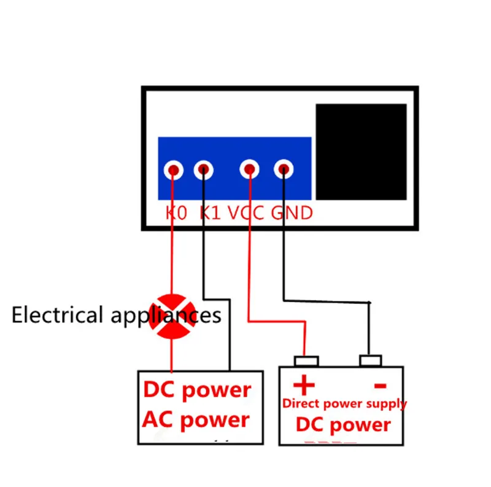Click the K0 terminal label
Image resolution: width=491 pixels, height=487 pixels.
pos(176,213)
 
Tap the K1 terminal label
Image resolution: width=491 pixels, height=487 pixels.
pos(210,213)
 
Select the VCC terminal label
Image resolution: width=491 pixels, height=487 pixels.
pos(246,213)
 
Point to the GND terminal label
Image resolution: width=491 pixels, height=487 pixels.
pos(292,213)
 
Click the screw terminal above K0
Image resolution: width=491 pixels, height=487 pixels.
pos(174,170)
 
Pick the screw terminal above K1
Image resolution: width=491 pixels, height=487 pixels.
pos(204,170)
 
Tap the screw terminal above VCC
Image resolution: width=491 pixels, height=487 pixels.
pos(250,169)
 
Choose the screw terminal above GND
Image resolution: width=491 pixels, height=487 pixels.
pos(284,169)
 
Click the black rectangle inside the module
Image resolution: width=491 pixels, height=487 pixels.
pos(361,152)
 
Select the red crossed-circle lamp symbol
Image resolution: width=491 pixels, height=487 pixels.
pos(172,316)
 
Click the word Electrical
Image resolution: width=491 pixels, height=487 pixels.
pos(57,315)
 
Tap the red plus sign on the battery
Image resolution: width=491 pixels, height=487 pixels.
pos(304,385)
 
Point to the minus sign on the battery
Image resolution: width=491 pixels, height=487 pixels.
pos(381,386)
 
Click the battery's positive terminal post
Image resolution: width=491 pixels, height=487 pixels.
pos(306,361)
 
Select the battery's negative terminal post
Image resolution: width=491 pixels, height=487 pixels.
pos(371,360)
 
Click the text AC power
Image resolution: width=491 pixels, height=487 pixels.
pos(196,420)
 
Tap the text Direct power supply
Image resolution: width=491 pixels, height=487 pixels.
pos(344,404)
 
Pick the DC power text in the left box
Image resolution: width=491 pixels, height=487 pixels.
pos(197,390)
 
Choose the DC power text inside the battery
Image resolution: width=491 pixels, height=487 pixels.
pos(343,425)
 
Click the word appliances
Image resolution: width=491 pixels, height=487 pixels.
pos(166,316)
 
